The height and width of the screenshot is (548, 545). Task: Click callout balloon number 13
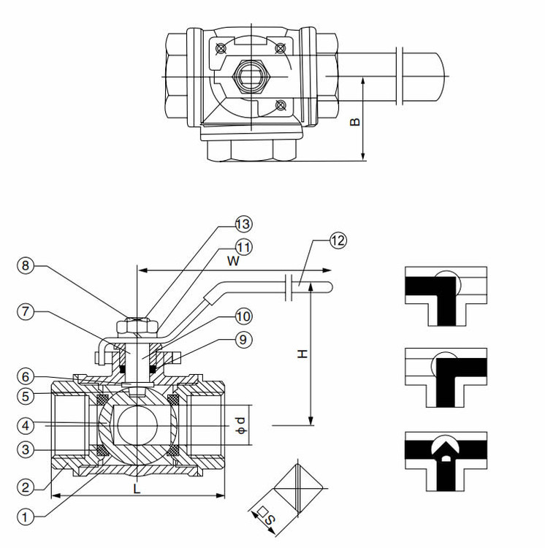pos(243,224)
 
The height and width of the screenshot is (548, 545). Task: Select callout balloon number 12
pos(338,240)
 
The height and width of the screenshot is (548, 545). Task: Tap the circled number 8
pos(26,266)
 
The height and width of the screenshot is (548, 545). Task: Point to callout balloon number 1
pos(26,517)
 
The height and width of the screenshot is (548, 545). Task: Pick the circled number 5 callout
pos(26,396)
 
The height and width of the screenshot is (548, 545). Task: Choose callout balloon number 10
pos(243,316)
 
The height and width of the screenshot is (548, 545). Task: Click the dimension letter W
pos(233,261)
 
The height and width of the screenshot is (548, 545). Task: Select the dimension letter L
pos(137,489)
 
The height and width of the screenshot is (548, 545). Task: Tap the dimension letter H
pos(302,354)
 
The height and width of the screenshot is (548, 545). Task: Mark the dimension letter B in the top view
pos(354,121)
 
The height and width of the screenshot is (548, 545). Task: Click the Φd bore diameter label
pos(241,425)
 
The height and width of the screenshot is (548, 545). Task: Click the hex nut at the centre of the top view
pos(249,76)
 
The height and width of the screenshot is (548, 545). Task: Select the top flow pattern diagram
pos(446,297)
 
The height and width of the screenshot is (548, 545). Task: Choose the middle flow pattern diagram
pos(446,378)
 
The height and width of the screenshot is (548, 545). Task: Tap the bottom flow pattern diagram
pos(446,461)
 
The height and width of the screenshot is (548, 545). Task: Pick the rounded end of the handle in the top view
pos(441,77)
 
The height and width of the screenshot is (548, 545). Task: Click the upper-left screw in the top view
pos(221,48)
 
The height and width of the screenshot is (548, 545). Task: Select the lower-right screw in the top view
pos(281,104)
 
